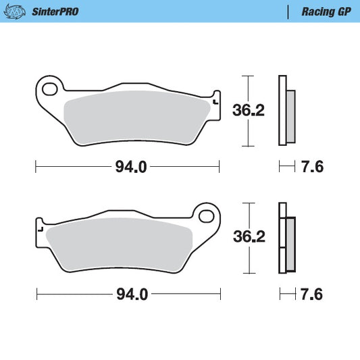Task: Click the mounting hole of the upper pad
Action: (48, 86)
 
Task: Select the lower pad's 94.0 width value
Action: (131, 294)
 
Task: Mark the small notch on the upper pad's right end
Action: (215, 102)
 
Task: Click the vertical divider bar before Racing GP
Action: (289, 11)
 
